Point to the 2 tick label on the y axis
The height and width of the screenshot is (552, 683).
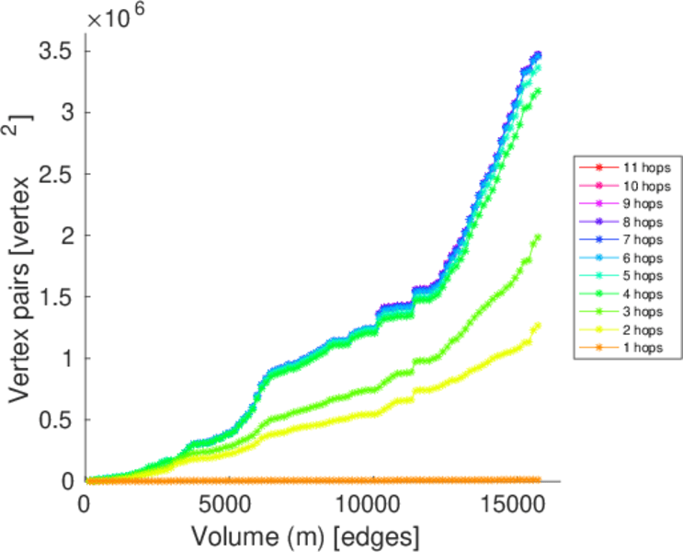tap(65, 236)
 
